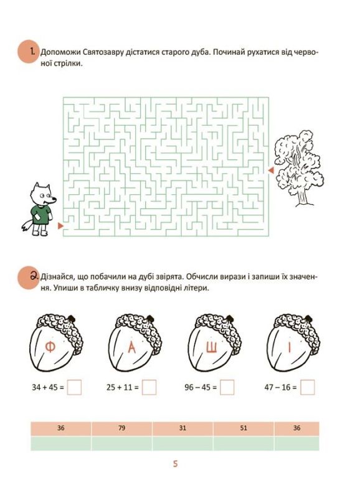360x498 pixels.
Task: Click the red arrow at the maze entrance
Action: click(x=60, y=226)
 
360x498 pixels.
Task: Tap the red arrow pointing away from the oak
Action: click(x=271, y=171)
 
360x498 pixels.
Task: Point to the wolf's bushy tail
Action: click(x=26, y=225)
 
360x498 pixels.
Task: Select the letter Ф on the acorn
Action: click(x=50, y=347)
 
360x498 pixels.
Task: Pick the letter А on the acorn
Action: click(x=132, y=348)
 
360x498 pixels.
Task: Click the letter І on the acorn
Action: click(x=289, y=348)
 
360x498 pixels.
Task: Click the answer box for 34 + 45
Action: click(x=74, y=387)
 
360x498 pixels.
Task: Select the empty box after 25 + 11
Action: click(x=149, y=387)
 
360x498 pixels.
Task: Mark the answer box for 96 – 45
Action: click(x=227, y=387)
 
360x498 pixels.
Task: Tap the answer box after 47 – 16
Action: click(x=307, y=387)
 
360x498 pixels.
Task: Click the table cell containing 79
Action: click(x=121, y=428)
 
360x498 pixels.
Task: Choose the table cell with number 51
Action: click(x=244, y=428)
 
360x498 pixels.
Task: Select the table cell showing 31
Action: click(x=182, y=428)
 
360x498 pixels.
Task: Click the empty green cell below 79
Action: click(x=121, y=443)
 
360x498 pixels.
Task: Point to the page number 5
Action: click(x=175, y=464)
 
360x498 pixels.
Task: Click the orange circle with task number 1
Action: click(x=29, y=52)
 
